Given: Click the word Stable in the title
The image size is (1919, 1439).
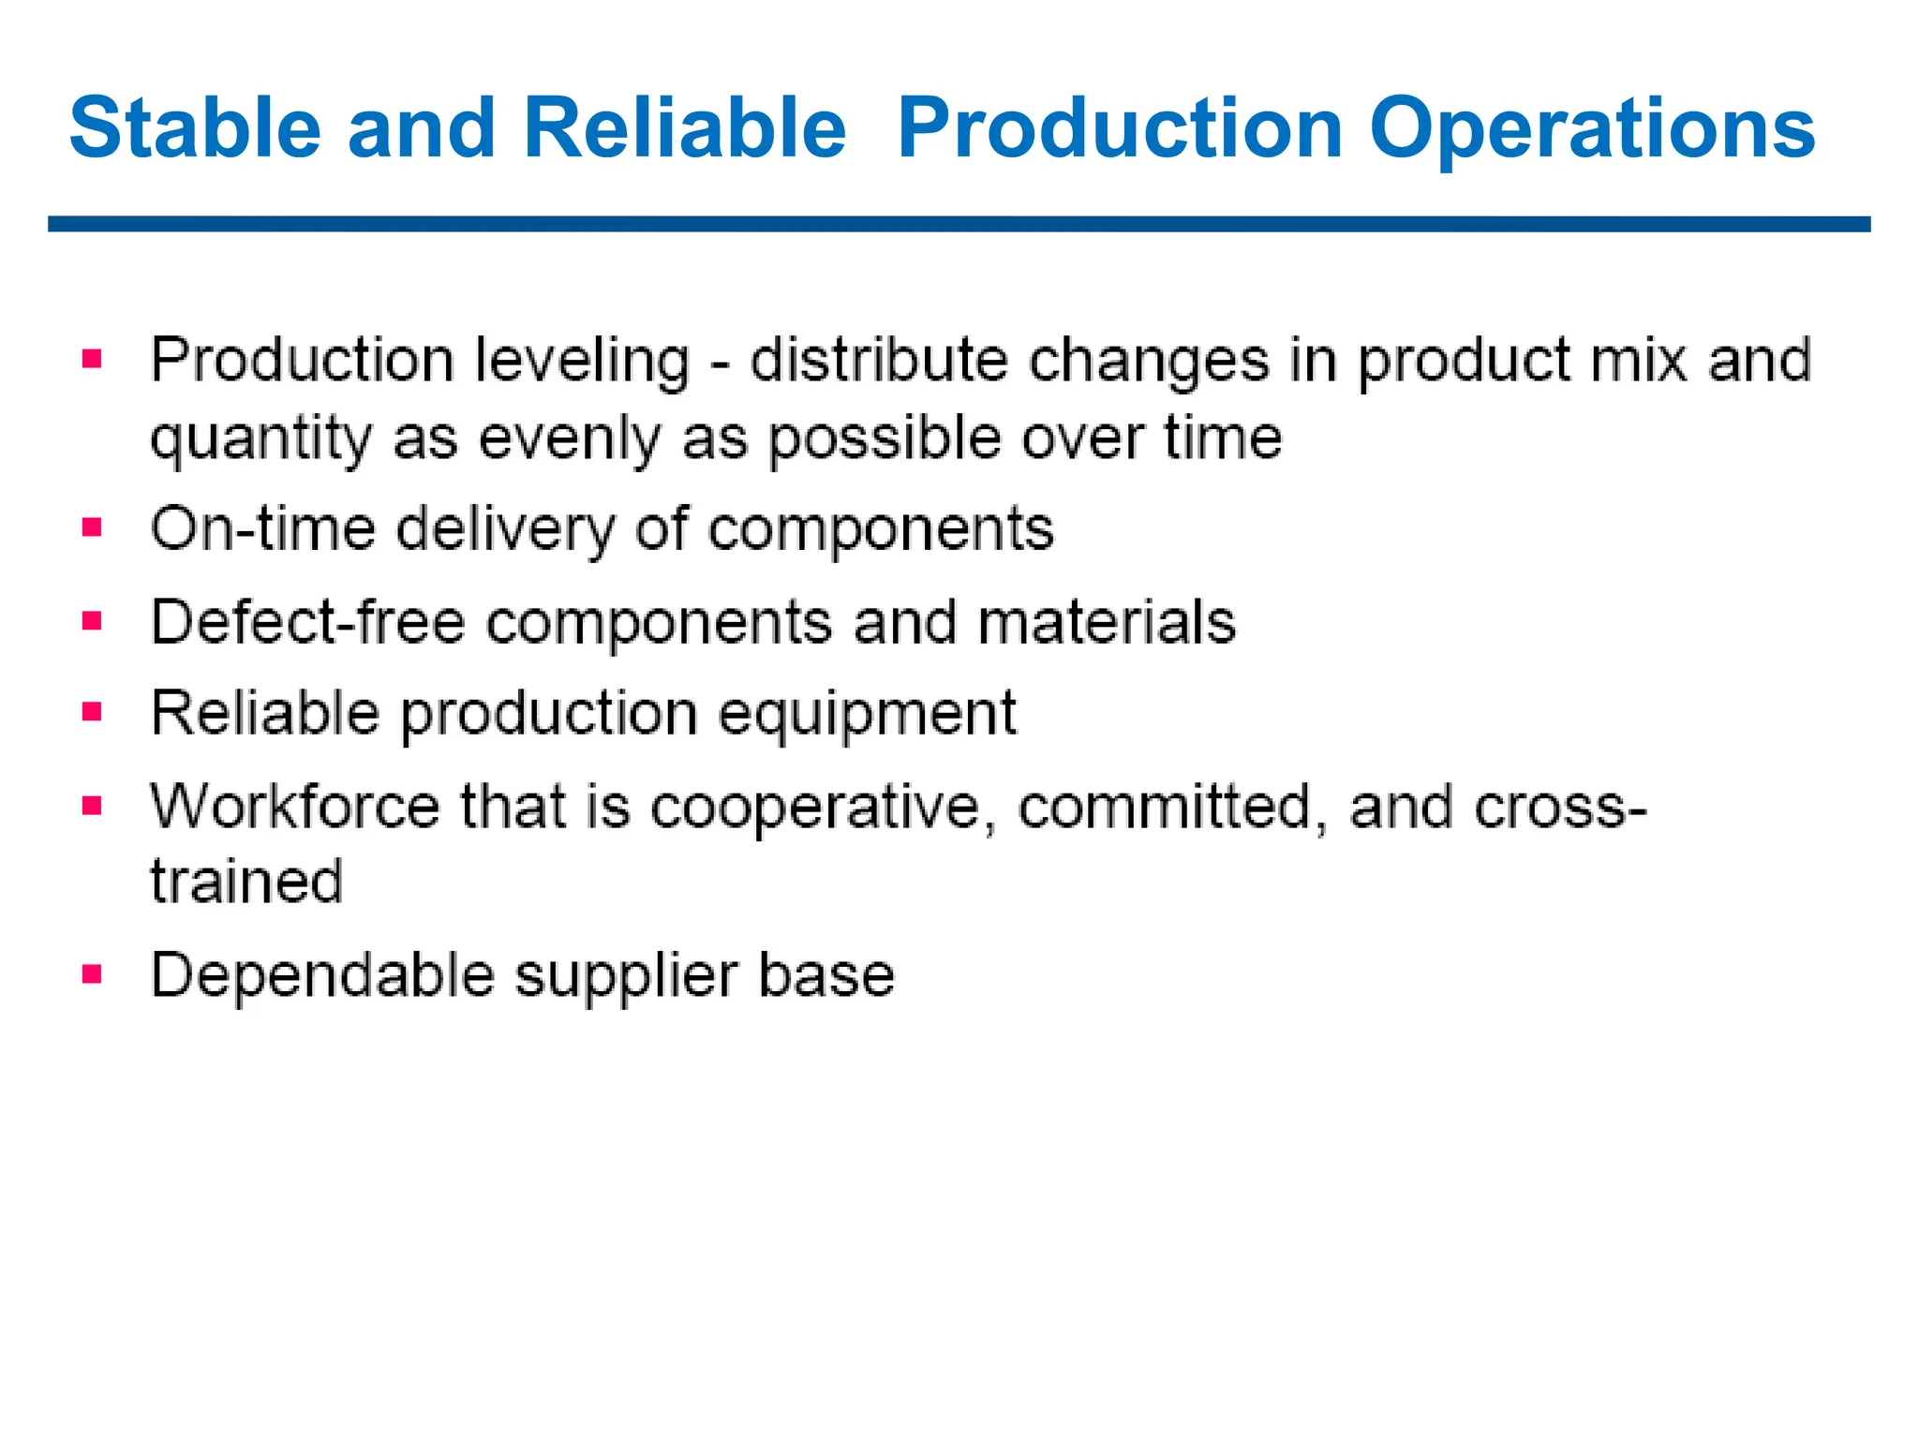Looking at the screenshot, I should pyautogui.click(x=195, y=128).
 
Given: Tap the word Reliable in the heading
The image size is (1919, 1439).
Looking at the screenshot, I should pyautogui.click(x=684, y=128).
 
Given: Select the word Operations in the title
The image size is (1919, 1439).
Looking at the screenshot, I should pyautogui.click(x=1592, y=128).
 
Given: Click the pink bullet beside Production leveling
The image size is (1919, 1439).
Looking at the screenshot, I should pyautogui.click(x=92, y=359).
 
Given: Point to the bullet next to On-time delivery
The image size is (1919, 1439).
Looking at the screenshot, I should pyautogui.click(x=92, y=527).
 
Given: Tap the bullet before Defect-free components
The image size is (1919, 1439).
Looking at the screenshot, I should pyautogui.click(x=92, y=620).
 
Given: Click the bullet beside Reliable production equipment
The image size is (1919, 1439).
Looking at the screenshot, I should pyautogui.click(x=92, y=712).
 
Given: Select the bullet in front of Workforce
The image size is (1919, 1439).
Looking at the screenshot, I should pyautogui.click(x=92, y=806).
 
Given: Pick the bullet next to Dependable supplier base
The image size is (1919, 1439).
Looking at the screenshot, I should pyautogui.click(x=92, y=974).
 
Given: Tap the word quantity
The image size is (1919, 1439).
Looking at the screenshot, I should pyautogui.click(x=260, y=438).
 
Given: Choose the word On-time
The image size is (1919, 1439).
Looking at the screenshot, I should pyautogui.click(x=261, y=528).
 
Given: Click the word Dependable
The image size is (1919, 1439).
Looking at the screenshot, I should pyautogui.click(x=322, y=975).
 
